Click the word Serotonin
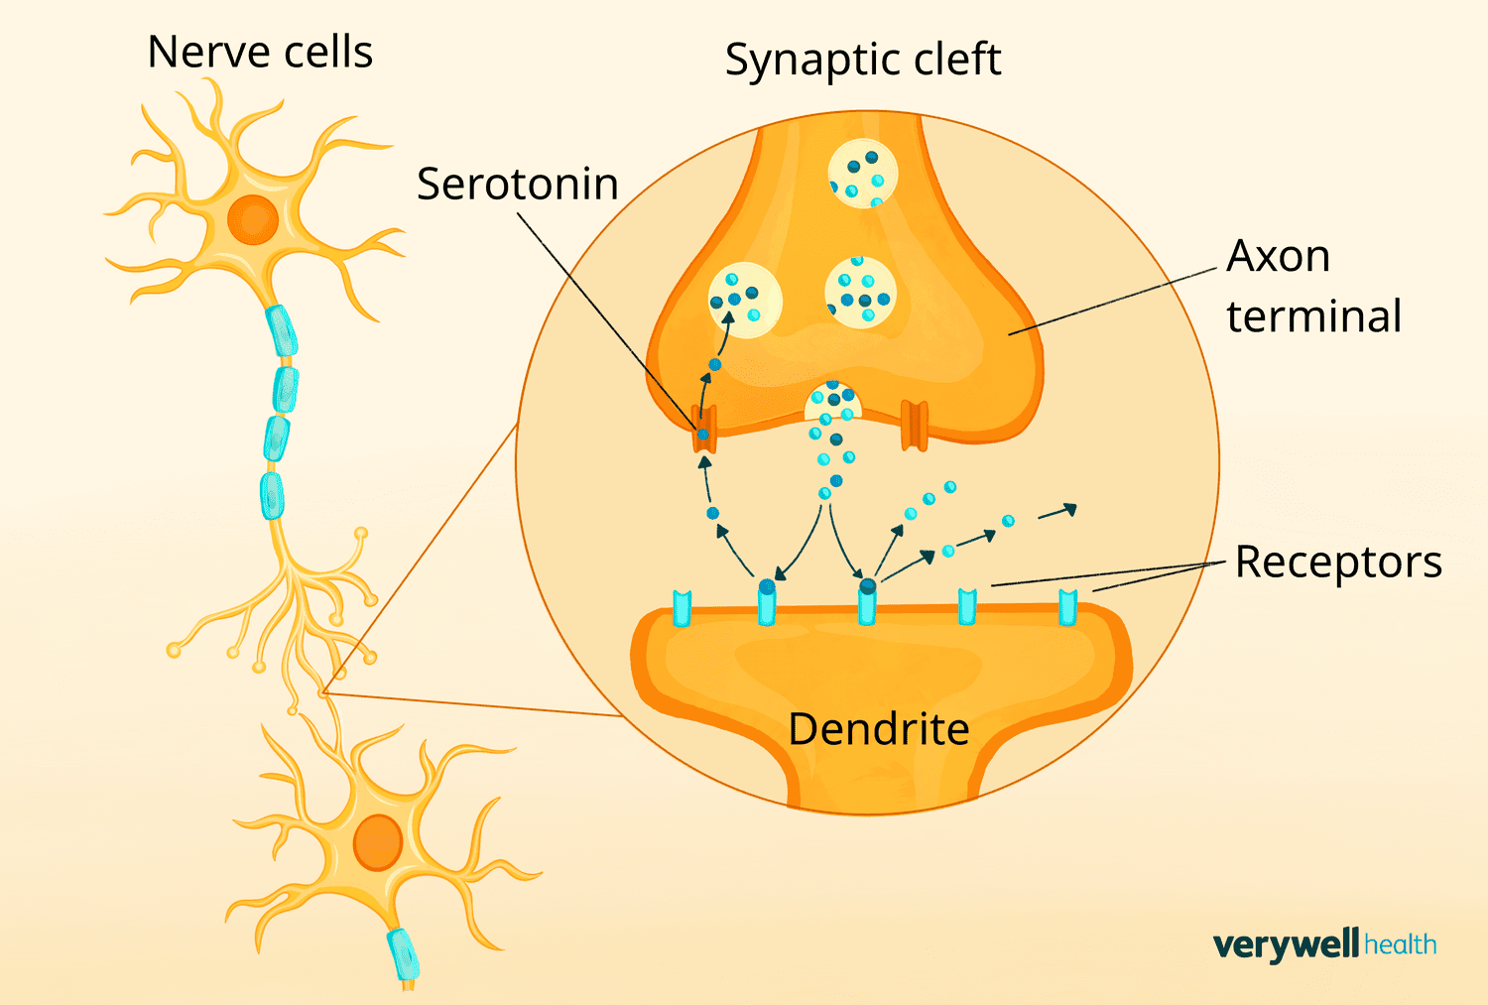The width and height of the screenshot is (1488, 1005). tap(517, 185)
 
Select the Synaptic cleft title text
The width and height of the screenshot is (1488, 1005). tap(862, 60)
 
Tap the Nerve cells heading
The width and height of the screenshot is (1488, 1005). tap(260, 52)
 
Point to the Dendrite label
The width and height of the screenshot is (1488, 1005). tap(878, 729)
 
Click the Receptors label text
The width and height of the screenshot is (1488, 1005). tap(1337, 562)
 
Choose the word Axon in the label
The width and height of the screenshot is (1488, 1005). tap(1278, 256)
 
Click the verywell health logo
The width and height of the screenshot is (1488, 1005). tap(1324, 944)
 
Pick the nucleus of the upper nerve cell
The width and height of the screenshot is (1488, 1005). tap(253, 219)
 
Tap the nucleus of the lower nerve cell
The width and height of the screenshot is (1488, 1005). tap(378, 841)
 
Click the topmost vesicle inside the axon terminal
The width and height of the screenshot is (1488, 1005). tap(862, 174)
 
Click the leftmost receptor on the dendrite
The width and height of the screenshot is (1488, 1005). tap(682, 608)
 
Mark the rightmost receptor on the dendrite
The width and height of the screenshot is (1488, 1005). tap(1067, 607)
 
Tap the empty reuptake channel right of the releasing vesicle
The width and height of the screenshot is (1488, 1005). tap(915, 426)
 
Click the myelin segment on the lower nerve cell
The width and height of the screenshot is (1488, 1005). tap(404, 953)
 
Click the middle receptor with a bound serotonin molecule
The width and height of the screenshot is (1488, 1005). tap(868, 602)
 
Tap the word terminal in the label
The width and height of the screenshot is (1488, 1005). tap(1313, 316)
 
